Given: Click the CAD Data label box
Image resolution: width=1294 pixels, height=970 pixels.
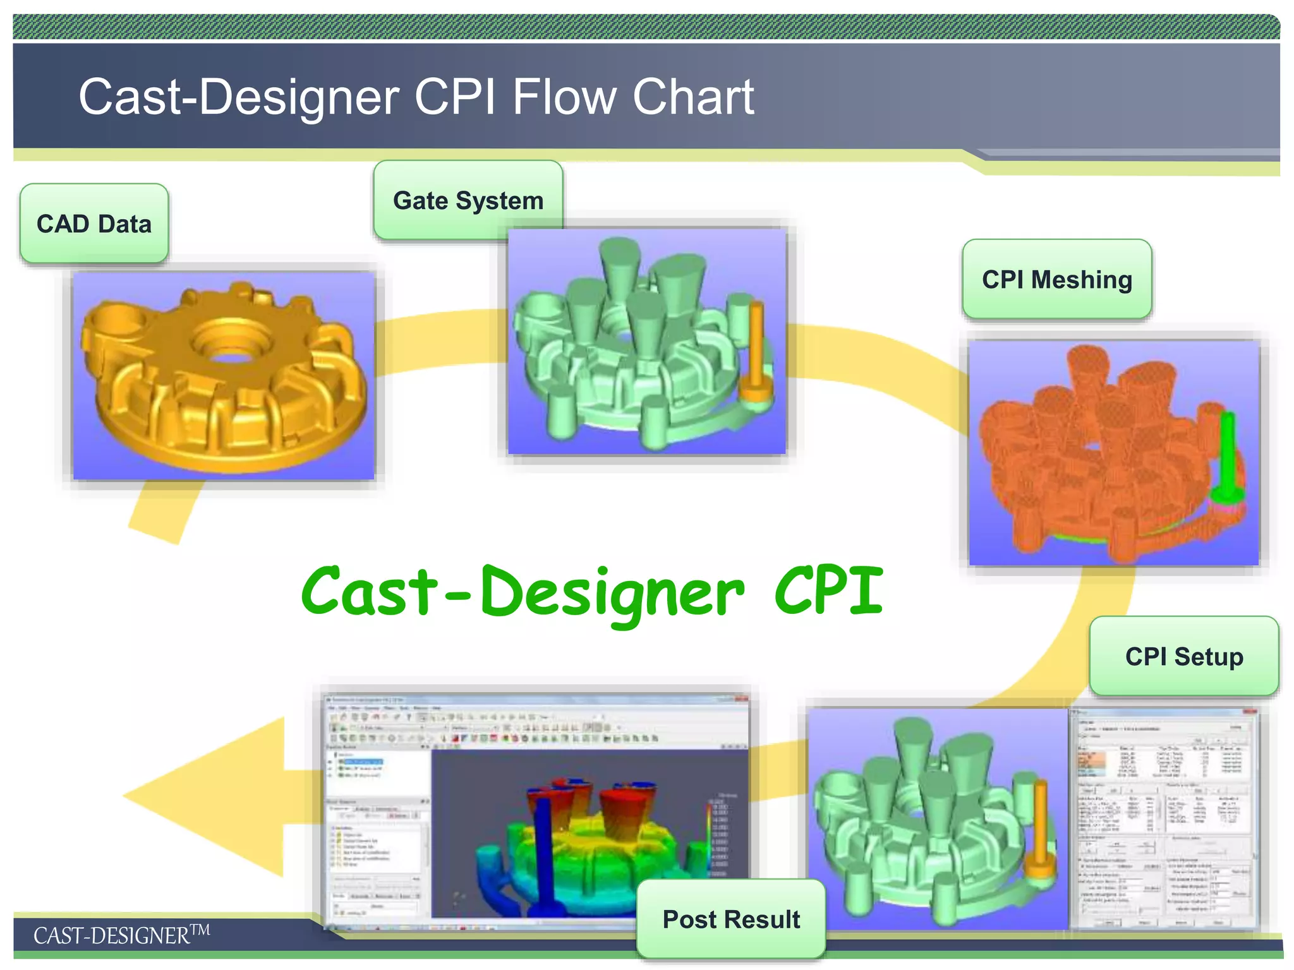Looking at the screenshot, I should (94, 224).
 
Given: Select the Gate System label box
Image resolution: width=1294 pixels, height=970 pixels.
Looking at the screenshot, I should (468, 200).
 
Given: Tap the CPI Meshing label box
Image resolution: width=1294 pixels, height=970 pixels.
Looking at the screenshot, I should (1056, 279).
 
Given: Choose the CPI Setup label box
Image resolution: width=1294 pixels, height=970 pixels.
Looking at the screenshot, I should (1183, 656).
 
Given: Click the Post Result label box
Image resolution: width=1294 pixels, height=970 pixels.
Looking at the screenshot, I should (731, 919).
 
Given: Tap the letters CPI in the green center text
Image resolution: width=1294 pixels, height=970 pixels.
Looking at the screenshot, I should (828, 590).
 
